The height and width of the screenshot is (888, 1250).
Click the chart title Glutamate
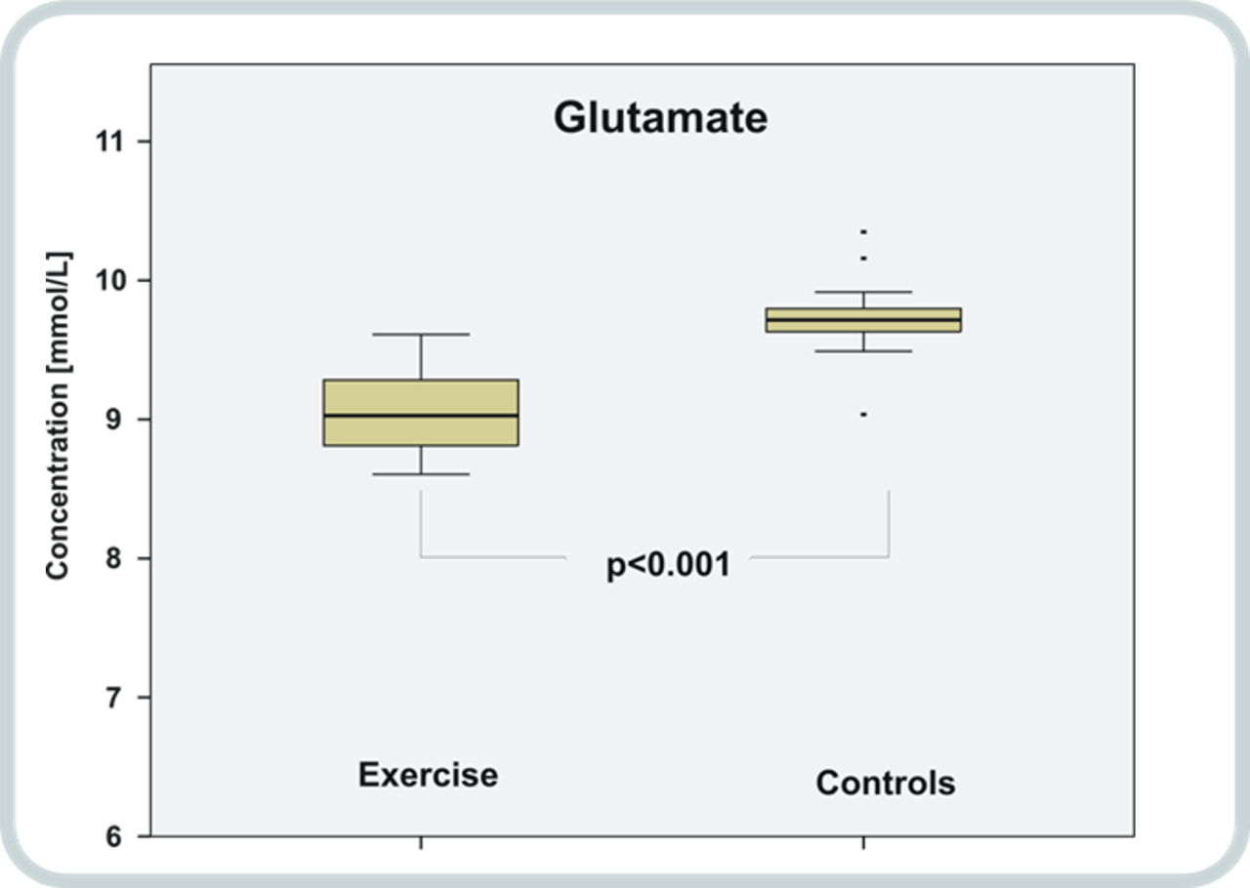[661, 118]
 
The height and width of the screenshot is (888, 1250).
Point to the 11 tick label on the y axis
[108, 141]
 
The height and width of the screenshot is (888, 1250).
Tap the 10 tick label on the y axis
[108, 280]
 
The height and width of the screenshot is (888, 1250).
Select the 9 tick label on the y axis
[114, 419]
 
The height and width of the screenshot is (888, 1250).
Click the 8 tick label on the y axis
[114, 558]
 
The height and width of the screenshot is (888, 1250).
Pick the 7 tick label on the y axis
[114, 698]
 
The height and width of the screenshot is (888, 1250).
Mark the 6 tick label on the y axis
[114, 836]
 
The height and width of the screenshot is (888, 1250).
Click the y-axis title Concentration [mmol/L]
[59, 416]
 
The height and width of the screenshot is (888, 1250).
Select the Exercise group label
[428, 775]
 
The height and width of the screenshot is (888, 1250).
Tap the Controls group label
[886, 784]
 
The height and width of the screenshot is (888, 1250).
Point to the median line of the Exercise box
[421, 416]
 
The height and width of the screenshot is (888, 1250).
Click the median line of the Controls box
[863, 320]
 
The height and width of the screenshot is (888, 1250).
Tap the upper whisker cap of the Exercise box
[421, 335]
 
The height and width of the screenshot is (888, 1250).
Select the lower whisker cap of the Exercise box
[421, 474]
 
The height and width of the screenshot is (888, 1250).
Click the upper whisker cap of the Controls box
[863, 292]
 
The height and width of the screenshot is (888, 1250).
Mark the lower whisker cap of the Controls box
[863, 351]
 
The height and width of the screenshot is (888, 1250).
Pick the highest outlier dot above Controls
[863, 231]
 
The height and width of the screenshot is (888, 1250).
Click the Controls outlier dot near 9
[863, 415]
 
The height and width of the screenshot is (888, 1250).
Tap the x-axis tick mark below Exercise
[421, 842]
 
